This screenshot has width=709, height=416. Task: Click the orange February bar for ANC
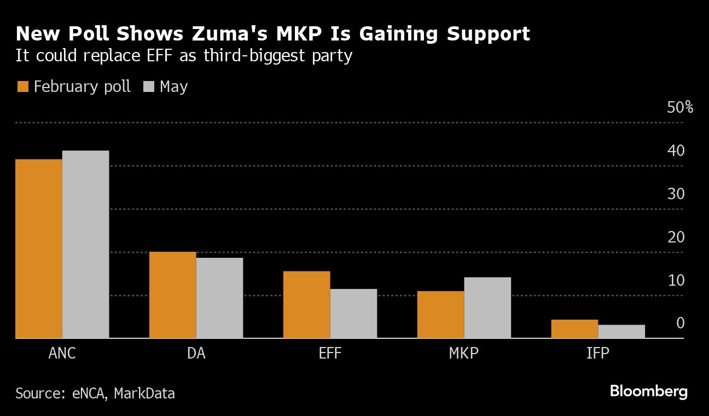point(39,249)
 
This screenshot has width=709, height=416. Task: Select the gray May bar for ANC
point(85,245)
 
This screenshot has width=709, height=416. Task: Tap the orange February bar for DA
point(173,295)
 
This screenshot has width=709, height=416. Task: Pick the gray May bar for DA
point(219,298)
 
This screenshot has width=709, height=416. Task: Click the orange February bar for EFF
point(307,305)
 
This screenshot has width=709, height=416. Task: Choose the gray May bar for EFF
point(353,314)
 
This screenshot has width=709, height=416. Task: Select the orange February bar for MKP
point(441,315)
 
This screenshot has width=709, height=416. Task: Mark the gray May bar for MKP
point(487,308)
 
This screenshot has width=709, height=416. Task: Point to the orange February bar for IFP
point(574,329)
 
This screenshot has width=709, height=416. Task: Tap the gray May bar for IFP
point(621,332)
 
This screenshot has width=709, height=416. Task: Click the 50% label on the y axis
point(680,107)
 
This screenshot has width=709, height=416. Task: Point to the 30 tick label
point(676,194)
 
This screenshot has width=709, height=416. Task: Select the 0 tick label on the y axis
point(680,323)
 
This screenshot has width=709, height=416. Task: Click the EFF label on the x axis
point(330,354)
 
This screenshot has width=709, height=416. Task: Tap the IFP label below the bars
point(598,354)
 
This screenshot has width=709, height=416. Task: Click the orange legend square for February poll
point(23,86)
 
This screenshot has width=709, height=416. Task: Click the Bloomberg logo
point(648,391)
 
